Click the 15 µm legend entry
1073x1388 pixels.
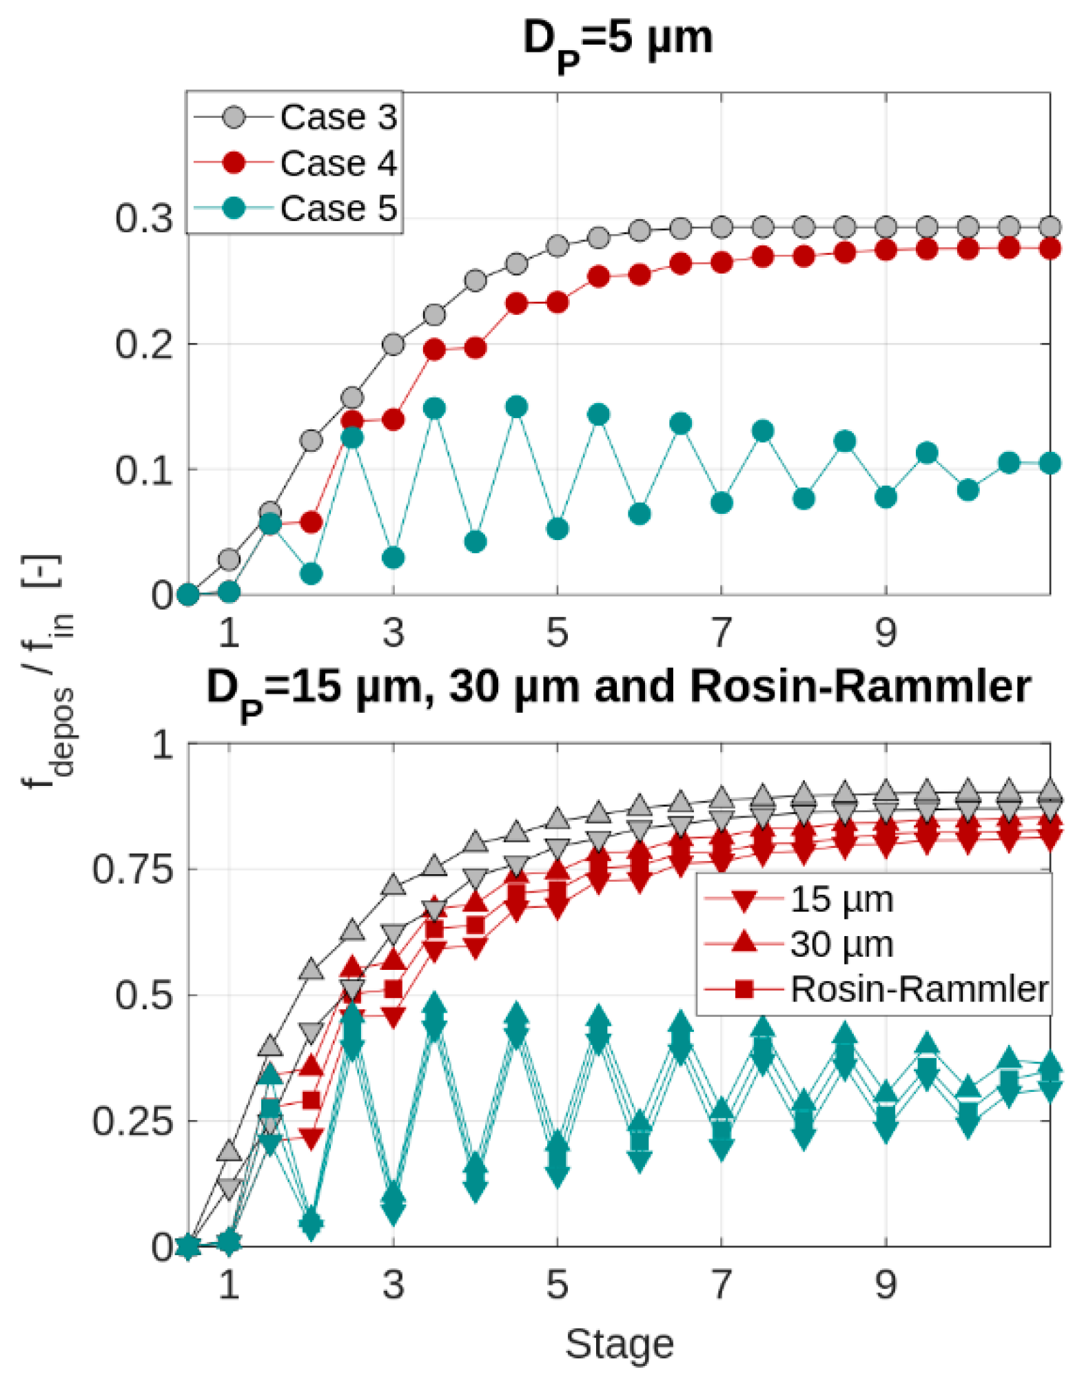pyautogui.click(x=799, y=900)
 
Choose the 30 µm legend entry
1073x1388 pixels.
pyautogui.click(x=799, y=944)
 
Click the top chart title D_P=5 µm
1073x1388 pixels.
pyautogui.click(x=618, y=43)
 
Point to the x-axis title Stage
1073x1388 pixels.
pyautogui.click(x=619, y=1344)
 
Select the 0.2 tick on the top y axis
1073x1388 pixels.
pyautogui.click(x=144, y=344)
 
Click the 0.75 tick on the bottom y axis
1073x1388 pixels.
pyautogui.click(x=133, y=869)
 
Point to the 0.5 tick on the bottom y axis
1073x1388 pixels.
pyautogui.click(x=144, y=995)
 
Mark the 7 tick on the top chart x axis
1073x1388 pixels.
pyautogui.click(x=722, y=632)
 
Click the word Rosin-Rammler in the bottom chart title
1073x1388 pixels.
pyautogui.click(x=860, y=687)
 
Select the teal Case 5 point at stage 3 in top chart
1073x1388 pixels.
pyautogui.click(x=394, y=557)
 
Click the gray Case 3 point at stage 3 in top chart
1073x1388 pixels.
pyautogui.click(x=394, y=344)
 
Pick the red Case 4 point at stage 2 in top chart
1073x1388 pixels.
pyautogui.click(x=311, y=522)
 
